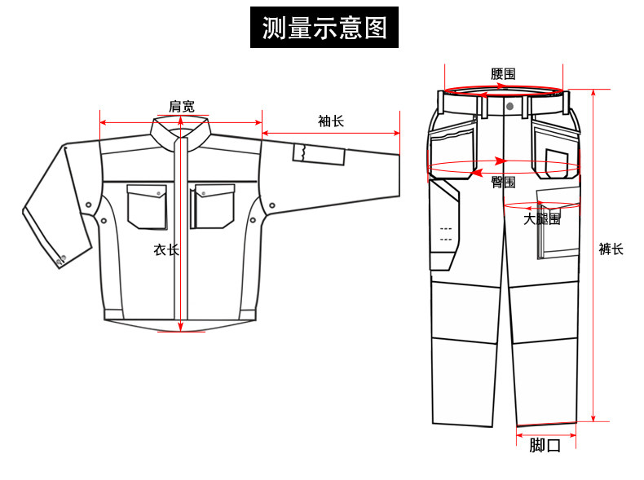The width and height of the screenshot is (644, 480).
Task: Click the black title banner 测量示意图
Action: [x=324, y=28]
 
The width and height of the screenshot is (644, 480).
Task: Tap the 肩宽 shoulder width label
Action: [x=181, y=106]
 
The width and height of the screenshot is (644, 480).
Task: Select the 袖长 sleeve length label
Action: [x=330, y=121]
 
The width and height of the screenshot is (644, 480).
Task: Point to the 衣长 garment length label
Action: [x=165, y=249]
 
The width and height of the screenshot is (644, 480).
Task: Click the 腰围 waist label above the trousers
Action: [x=503, y=73]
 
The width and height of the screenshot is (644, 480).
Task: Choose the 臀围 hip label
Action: [x=503, y=183]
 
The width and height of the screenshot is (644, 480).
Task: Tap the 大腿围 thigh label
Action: [x=541, y=219]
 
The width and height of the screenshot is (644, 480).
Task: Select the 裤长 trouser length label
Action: [x=611, y=249]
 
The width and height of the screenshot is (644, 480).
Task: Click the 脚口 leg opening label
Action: [x=545, y=446]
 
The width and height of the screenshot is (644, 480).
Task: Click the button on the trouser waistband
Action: [x=509, y=106]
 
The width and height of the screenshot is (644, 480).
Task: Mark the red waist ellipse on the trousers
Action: [x=504, y=91]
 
